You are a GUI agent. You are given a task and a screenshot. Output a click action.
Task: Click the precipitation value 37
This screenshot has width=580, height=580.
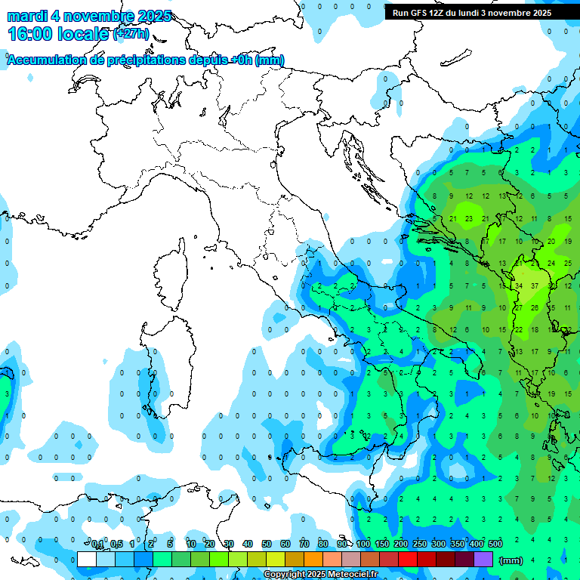(x=535, y=286)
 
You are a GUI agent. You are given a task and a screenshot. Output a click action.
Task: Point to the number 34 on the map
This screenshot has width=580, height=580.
(x=519, y=286)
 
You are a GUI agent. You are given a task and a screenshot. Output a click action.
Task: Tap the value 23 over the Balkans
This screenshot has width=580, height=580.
(x=469, y=219)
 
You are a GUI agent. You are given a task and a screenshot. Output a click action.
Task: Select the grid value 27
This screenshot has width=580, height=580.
(x=519, y=307)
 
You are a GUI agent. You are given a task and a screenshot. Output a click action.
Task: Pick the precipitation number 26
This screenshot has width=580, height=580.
(x=535, y=307)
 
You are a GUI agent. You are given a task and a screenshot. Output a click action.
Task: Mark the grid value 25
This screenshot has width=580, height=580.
(x=568, y=264)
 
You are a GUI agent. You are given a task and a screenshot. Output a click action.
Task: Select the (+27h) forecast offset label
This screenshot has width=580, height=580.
(x=131, y=34)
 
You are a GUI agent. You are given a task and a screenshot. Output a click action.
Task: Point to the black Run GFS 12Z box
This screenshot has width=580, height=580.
(x=481, y=12)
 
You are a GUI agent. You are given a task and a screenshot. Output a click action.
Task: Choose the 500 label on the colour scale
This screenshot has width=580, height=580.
(x=495, y=544)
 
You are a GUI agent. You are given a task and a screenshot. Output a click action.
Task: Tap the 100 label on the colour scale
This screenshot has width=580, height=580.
(x=363, y=544)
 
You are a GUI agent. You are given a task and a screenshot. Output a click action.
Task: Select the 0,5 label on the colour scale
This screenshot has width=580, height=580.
(x=116, y=544)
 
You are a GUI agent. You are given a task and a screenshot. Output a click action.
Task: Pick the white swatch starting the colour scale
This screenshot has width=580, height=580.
(x=86, y=559)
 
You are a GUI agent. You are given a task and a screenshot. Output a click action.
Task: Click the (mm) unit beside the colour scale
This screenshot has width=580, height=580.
(x=511, y=560)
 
